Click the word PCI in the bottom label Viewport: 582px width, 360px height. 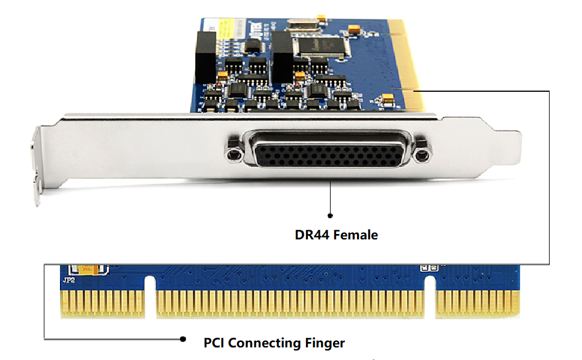214,343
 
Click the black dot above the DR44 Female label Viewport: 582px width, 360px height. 330,215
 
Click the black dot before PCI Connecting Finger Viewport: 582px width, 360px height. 184,339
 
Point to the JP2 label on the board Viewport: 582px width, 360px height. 68,280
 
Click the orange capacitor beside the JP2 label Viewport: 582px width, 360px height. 86,270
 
